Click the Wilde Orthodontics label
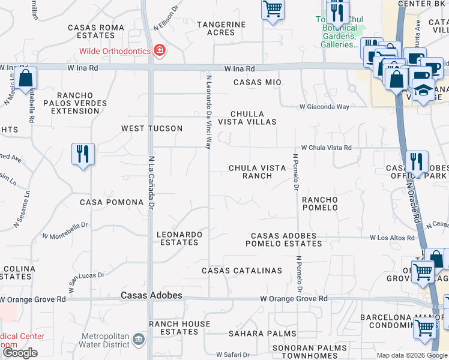click(115, 51)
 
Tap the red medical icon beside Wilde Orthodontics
click(160, 50)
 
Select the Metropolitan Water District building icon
click(139, 340)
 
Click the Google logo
click(20, 353)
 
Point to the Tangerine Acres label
click(221, 28)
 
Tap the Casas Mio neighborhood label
click(257, 82)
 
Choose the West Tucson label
click(152, 128)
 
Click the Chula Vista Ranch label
click(258, 172)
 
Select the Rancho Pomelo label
click(320, 203)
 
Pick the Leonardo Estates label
click(179, 238)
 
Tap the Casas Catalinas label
click(242, 271)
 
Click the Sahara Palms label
click(262, 334)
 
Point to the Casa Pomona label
click(112, 202)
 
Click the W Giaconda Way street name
click(325, 107)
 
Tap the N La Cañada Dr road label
click(151, 182)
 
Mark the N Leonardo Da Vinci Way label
click(209, 112)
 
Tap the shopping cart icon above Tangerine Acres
click(273, 10)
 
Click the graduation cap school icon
click(424, 91)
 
